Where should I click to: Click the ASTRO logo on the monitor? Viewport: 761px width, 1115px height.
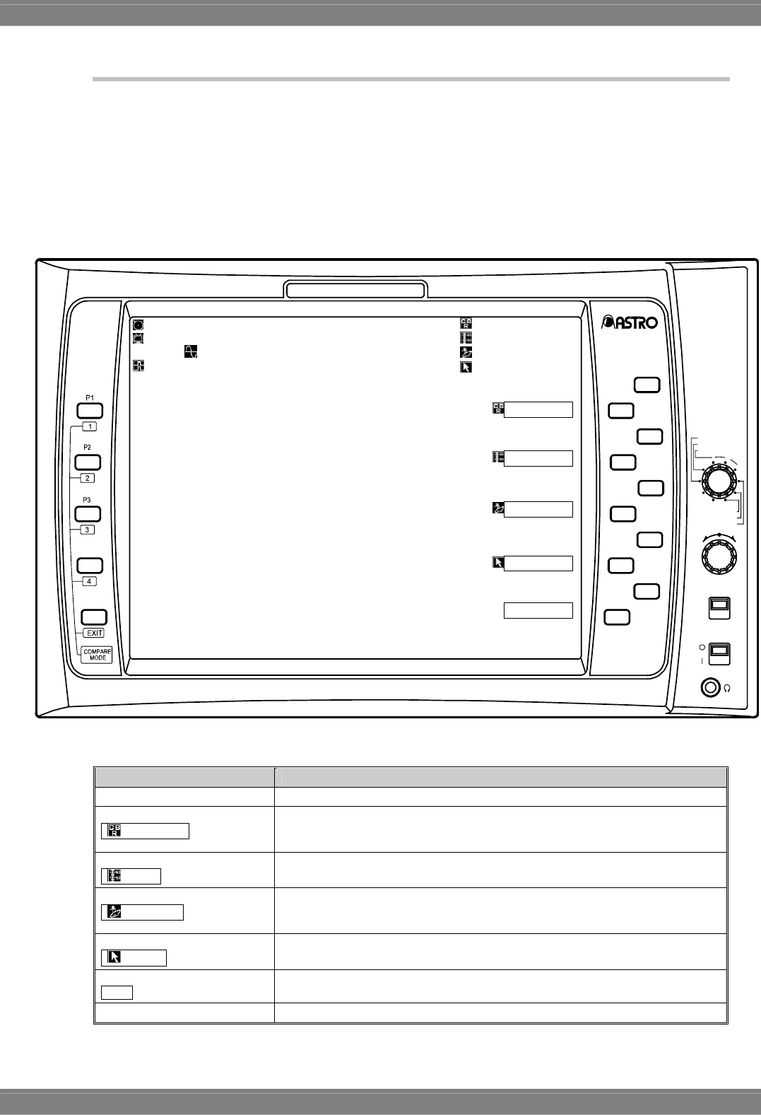pos(630,322)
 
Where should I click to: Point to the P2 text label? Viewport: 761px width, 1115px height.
pos(88,448)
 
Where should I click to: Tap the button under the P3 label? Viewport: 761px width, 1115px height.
pos(89,514)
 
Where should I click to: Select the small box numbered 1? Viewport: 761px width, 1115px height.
pos(89,426)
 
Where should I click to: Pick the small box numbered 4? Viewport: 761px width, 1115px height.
pos(88,581)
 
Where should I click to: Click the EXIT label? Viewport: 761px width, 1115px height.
pos(94,633)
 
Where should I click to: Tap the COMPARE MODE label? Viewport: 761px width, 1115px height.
pos(98,654)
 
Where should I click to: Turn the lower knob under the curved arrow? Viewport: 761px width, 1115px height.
pos(718,555)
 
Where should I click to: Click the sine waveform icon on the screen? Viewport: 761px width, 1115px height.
pos(190,351)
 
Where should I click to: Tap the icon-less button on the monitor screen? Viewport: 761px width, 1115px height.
pos(538,610)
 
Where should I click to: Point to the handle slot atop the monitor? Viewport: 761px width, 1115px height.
pos(355,290)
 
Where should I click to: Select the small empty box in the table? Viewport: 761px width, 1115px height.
pos(117,992)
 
